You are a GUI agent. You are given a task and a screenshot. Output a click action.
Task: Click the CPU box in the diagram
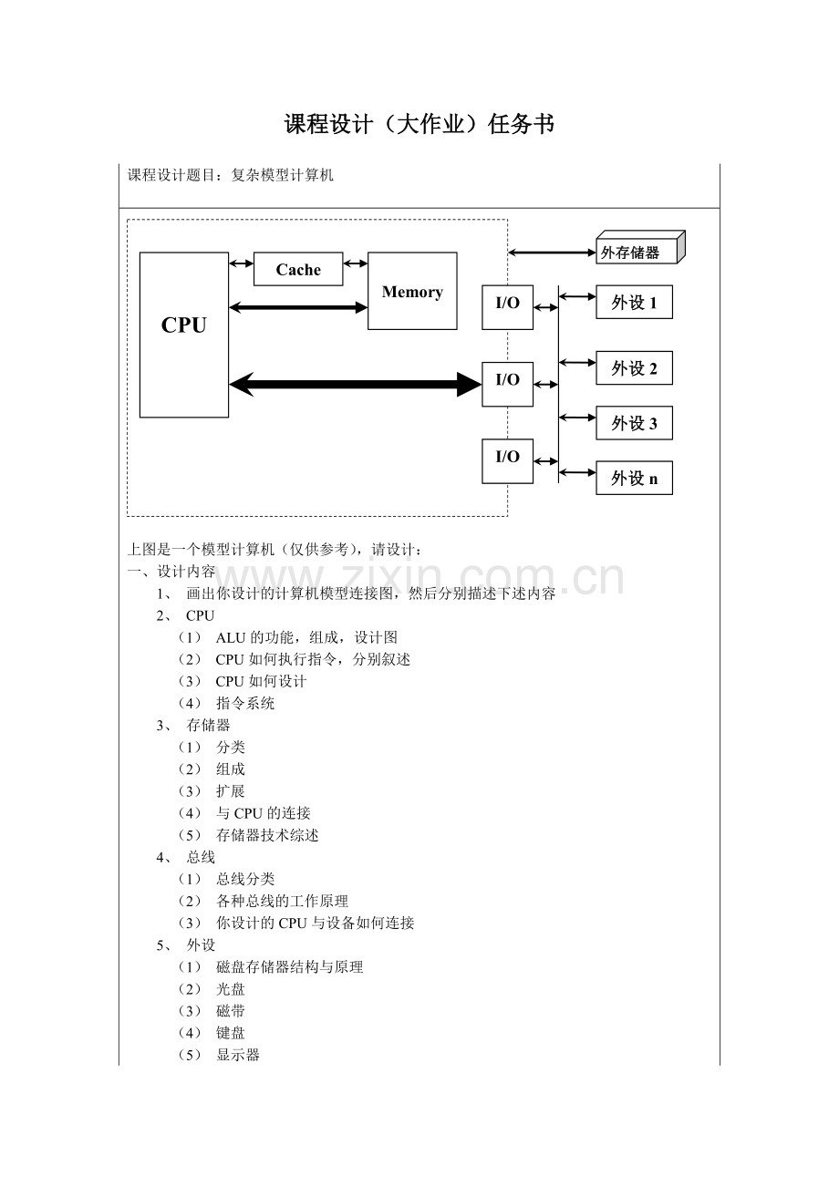(x=183, y=335)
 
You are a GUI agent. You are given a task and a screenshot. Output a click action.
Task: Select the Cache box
(x=298, y=270)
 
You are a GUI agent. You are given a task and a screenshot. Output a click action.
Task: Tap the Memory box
(x=412, y=291)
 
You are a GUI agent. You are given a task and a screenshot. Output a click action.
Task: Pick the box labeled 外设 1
(x=634, y=303)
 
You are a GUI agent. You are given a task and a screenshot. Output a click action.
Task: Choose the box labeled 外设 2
(x=634, y=368)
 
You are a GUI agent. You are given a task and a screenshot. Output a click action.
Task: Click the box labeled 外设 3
(x=634, y=423)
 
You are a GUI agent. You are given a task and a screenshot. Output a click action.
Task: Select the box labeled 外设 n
(x=634, y=478)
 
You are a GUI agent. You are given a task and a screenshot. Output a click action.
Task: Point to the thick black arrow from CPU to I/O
(x=356, y=385)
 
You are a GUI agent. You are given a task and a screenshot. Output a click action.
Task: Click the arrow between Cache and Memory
(x=356, y=264)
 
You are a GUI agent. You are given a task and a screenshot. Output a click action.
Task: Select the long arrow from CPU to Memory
(x=298, y=307)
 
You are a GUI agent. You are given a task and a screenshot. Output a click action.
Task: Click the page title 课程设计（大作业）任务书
(x=419, y=125)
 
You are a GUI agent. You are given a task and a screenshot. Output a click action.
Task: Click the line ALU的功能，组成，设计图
(x=306, y=637)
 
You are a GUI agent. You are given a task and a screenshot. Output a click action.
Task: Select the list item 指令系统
(x=245, y=703)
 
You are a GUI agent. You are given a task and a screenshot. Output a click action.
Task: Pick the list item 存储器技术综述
(x=267, y=835)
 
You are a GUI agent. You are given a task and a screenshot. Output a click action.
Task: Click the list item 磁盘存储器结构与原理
(x=289, y=966)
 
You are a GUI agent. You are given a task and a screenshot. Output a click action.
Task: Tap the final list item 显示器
(x=238, y=1055)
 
